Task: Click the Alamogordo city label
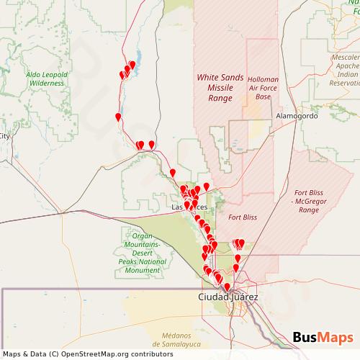pos(296,116)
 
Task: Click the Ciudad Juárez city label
pos(227,297)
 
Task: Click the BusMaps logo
pos(323,337)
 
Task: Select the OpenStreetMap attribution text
pos(83,354)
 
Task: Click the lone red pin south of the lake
pos(118,117)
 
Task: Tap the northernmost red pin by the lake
pos(132,65)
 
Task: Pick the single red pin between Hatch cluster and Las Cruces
pos(173,172)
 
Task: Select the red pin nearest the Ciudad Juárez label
pos(228,287)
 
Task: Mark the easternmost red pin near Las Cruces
pos(207,186)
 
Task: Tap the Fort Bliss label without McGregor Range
pos(242,217)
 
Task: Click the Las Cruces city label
pos(189,207)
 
